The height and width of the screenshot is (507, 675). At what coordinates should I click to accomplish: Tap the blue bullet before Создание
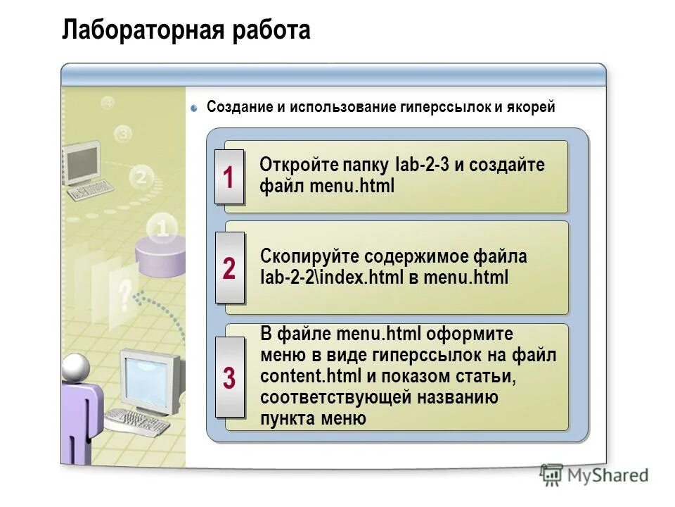tap(195, 107)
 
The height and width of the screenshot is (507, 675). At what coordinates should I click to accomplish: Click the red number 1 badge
tap(229, 177)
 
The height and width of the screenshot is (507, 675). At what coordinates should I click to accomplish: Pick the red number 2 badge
tap(229, 268)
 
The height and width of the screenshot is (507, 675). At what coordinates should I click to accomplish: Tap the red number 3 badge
tap(229, 377)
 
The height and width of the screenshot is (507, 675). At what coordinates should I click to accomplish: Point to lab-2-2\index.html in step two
tap(330, 277)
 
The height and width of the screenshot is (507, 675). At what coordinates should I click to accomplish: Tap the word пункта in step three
tap(285, 418)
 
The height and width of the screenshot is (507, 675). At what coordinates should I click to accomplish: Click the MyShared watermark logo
tap(595, 476)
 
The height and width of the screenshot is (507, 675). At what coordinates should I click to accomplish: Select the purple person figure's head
tap(75, 367)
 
